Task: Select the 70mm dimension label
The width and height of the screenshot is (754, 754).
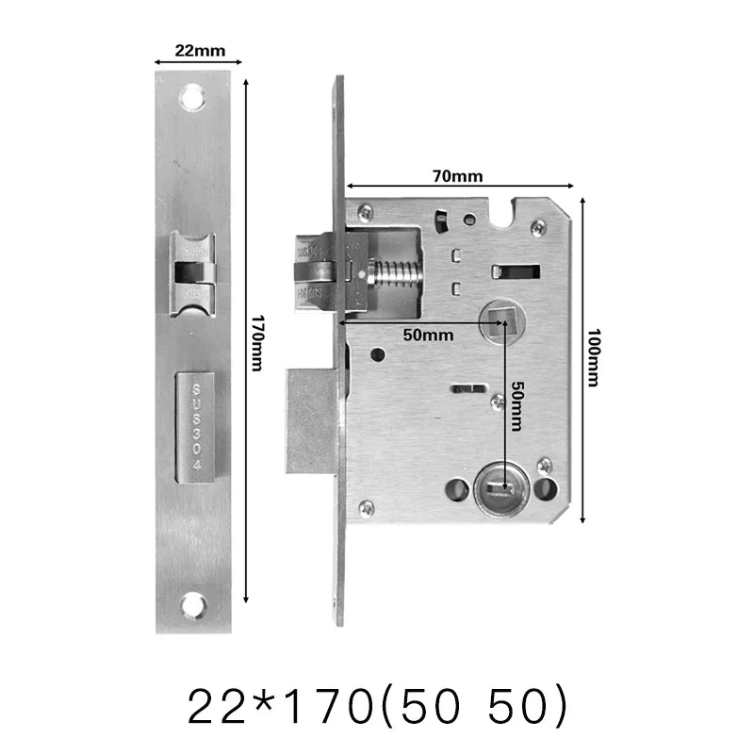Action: [458, 176]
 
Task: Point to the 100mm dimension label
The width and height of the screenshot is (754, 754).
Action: [593, 358]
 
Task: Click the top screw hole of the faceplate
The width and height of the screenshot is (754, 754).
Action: [193, 96]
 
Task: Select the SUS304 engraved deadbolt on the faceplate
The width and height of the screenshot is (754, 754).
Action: [196, 427]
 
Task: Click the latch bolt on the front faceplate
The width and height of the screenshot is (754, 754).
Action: [193, 273]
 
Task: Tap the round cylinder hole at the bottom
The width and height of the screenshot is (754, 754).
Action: [499, 489]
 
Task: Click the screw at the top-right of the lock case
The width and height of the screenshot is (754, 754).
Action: [538, 226]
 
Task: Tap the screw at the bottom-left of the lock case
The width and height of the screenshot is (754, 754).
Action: [366, 508]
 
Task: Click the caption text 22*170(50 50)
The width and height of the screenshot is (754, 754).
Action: [377, 704]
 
